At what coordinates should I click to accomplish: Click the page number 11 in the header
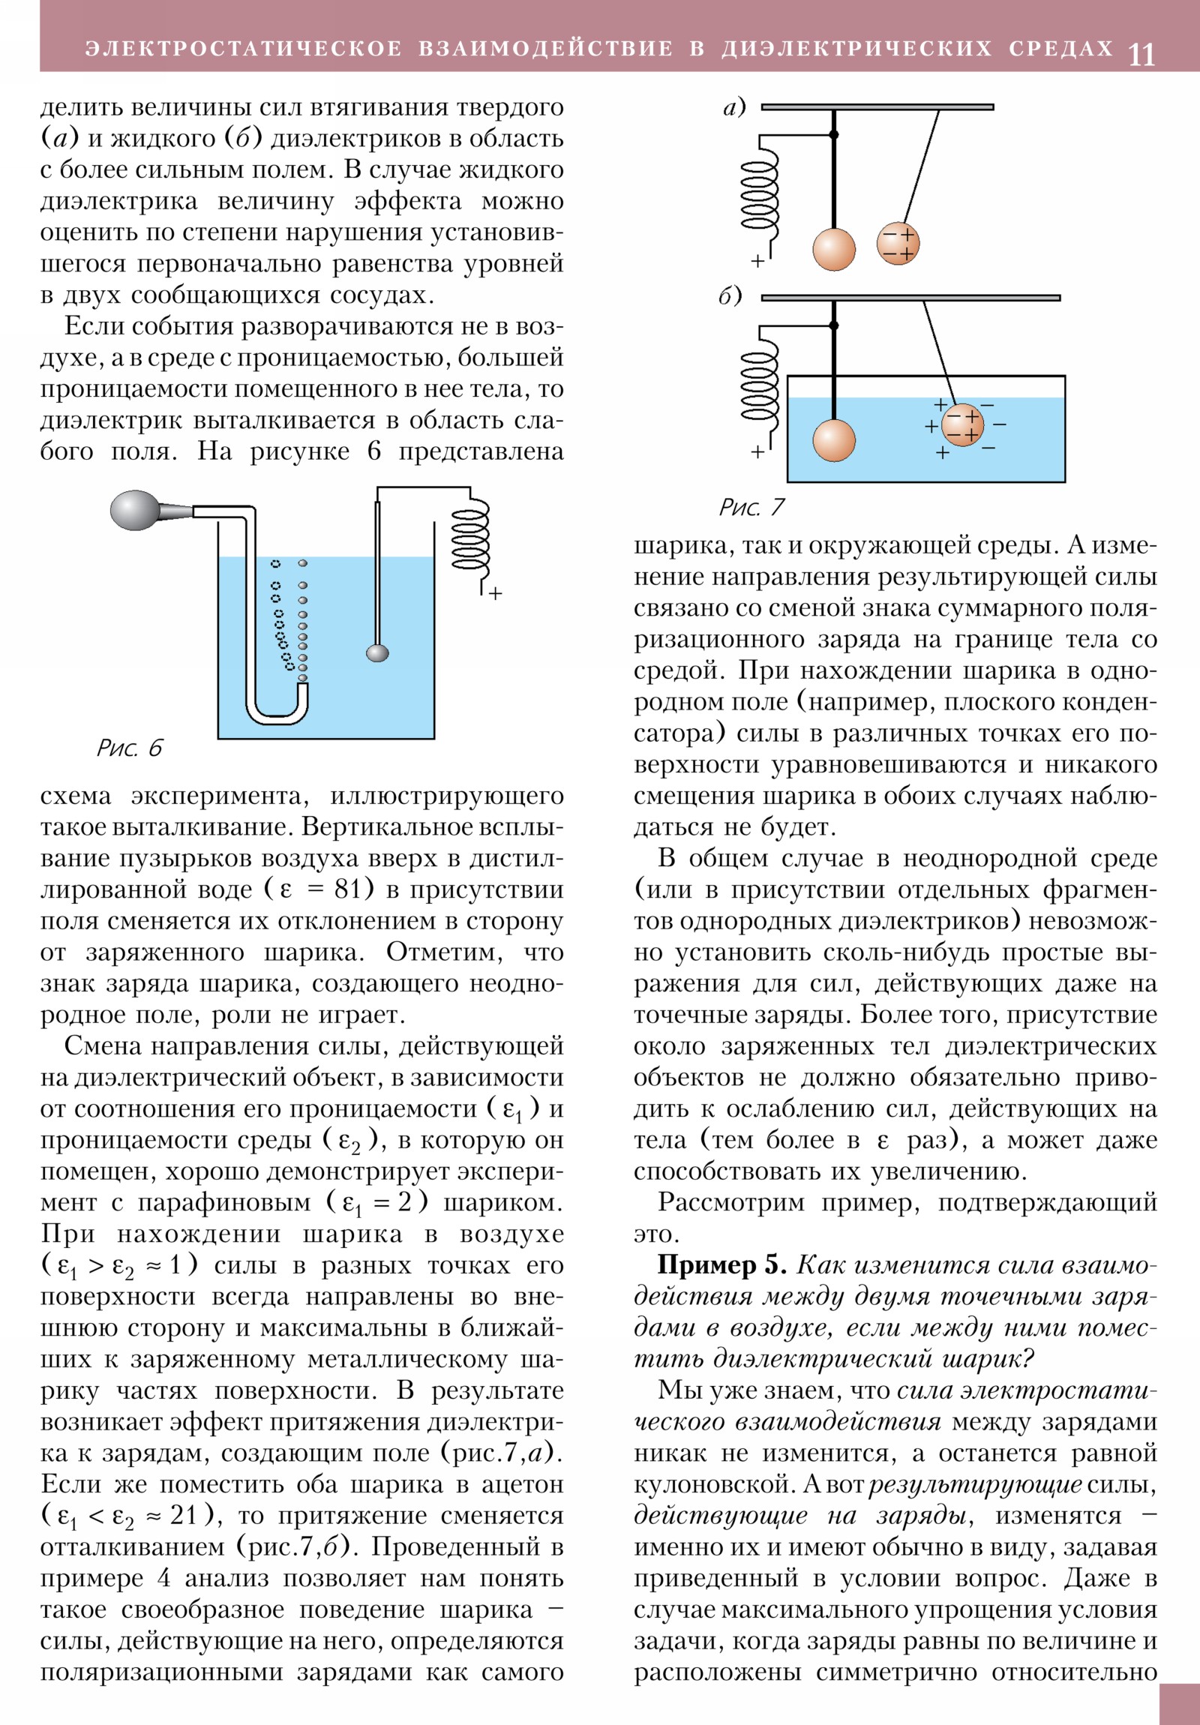[1141, 54]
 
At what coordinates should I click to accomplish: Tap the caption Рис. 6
[129, 748]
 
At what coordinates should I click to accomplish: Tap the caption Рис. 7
[751, 507]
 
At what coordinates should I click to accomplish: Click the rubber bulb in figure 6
[135, 510]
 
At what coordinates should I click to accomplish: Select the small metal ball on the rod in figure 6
[377, 652]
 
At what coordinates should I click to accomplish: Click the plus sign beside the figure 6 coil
[495, 593]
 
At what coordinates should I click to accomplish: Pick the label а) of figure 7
[734, 107]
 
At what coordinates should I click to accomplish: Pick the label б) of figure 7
[730, 297]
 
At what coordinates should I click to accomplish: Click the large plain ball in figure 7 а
[834, 250]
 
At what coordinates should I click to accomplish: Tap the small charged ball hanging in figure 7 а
[898, 244]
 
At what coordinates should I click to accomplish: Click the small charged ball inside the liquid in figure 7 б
[961, 424]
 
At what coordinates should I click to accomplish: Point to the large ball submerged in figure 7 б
[834, 440]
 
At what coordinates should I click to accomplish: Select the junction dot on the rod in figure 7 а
[833, 134]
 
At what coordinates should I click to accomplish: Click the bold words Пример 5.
[721, 1265]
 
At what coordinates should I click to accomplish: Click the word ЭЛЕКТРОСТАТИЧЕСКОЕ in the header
[244, 49]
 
